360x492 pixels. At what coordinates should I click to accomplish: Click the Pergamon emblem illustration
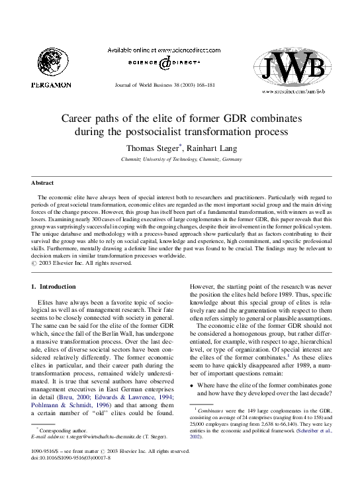click(51, 60)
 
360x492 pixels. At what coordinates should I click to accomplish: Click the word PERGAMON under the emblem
click(51, 85)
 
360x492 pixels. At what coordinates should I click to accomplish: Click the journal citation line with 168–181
click(173, 86)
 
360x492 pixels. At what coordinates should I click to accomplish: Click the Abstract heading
click(43, 183)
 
